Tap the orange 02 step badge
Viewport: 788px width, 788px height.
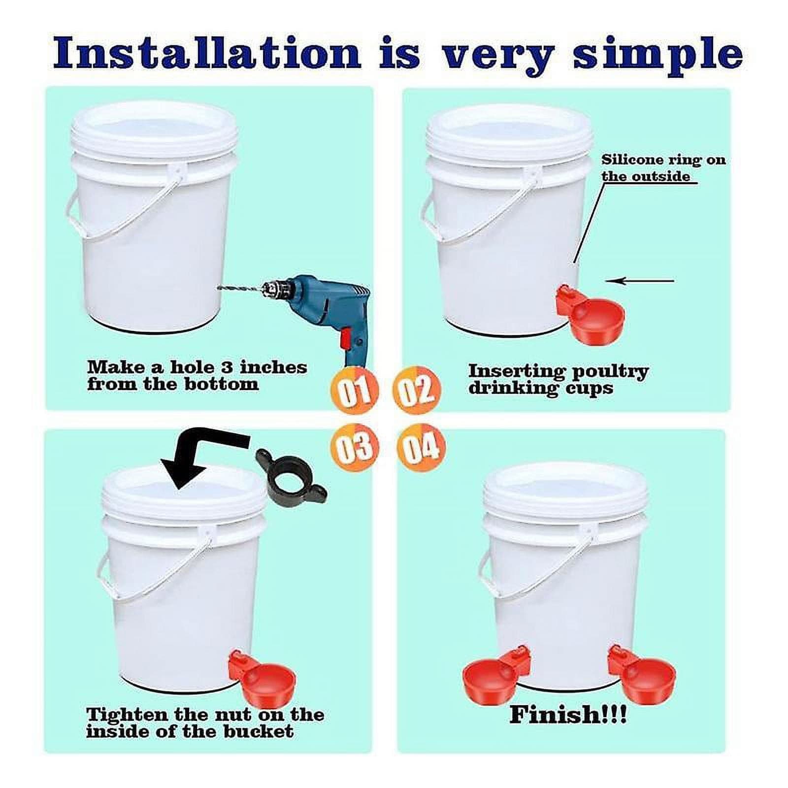coord(417,389)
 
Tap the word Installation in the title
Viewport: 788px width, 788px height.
coord(207,53)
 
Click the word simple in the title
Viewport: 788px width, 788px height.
coord(657,53)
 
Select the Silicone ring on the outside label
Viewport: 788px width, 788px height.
coord(662,168)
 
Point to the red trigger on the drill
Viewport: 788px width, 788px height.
coord(345,339)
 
